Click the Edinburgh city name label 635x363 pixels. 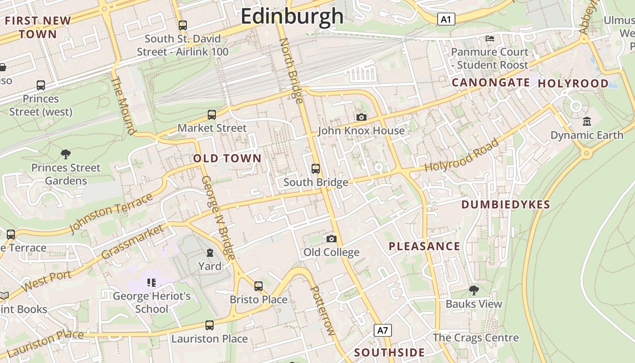click(292, 16)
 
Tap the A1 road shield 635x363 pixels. click(446, 19)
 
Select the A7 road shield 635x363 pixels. click(383, 330)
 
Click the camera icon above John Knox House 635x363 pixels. click(361, 118)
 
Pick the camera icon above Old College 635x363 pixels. click(332, 239)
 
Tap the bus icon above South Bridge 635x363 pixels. click(316, 169)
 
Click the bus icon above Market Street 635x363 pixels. click(212, 115)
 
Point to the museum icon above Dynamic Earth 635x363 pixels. click(587, 122)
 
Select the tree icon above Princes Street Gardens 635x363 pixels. click(66, 154)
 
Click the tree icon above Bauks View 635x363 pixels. click(474, 290)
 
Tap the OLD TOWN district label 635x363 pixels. click(227, 158)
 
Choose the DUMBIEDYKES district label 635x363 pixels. click(506, 205)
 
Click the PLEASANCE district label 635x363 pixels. click(425, 246)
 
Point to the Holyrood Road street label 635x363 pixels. click(462, 155)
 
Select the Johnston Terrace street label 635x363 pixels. click(111, 214)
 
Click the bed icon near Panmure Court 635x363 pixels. click(490, 39)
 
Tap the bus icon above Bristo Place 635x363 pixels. click(259, 286)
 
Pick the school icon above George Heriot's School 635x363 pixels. click(151, 283)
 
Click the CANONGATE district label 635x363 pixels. click(491, 83)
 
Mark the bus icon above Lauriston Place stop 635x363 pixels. click(209, 325)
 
